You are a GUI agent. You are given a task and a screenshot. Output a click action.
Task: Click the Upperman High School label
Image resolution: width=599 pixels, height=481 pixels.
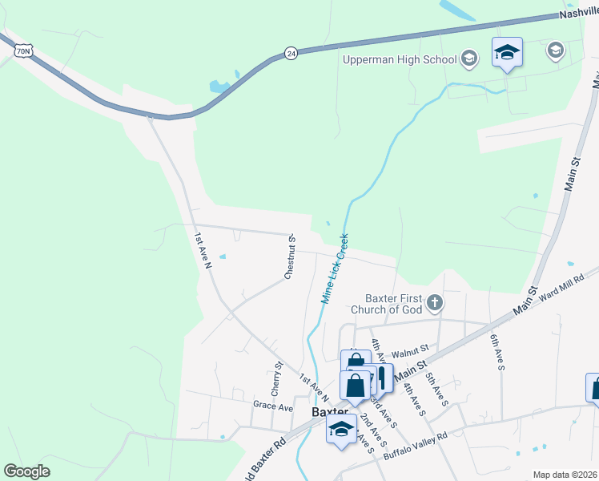[x=399, y=59]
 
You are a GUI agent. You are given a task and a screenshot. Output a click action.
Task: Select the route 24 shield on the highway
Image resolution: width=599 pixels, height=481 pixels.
[x=291, y=54]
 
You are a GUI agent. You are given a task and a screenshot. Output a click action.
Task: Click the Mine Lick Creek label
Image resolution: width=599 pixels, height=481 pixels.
[x=335, y=268]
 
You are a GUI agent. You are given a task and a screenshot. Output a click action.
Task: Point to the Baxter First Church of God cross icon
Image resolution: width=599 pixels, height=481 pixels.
[x=435, y=302]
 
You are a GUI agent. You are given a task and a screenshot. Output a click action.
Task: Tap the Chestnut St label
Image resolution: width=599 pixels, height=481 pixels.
[x=291, y=257]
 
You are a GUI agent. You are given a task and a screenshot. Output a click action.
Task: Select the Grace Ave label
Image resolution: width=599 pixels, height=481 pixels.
[x=270, y=406]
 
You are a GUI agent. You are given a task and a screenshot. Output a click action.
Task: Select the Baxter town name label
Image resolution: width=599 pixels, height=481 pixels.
[x=327, y=411]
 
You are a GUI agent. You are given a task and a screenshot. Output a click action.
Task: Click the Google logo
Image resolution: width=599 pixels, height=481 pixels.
[x=26, y=471]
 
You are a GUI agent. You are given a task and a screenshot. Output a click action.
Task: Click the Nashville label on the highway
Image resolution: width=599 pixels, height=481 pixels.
[x=579, y=14]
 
